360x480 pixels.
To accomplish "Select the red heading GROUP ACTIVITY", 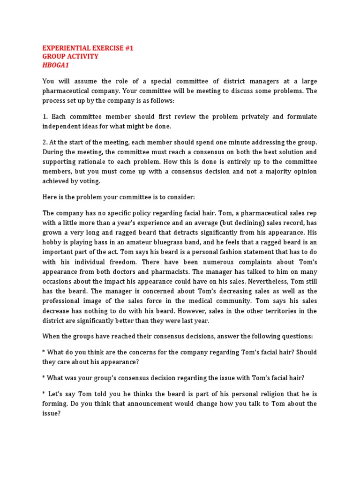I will pyautogui.click(x=70, y=57).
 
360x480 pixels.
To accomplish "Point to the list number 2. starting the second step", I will pyautogui.click(x=45, y=142).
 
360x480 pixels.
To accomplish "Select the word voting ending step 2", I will pyautogui.click(x=90, y=181).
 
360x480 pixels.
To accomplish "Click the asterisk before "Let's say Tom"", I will pyautogui.click(x=44, y=394).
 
